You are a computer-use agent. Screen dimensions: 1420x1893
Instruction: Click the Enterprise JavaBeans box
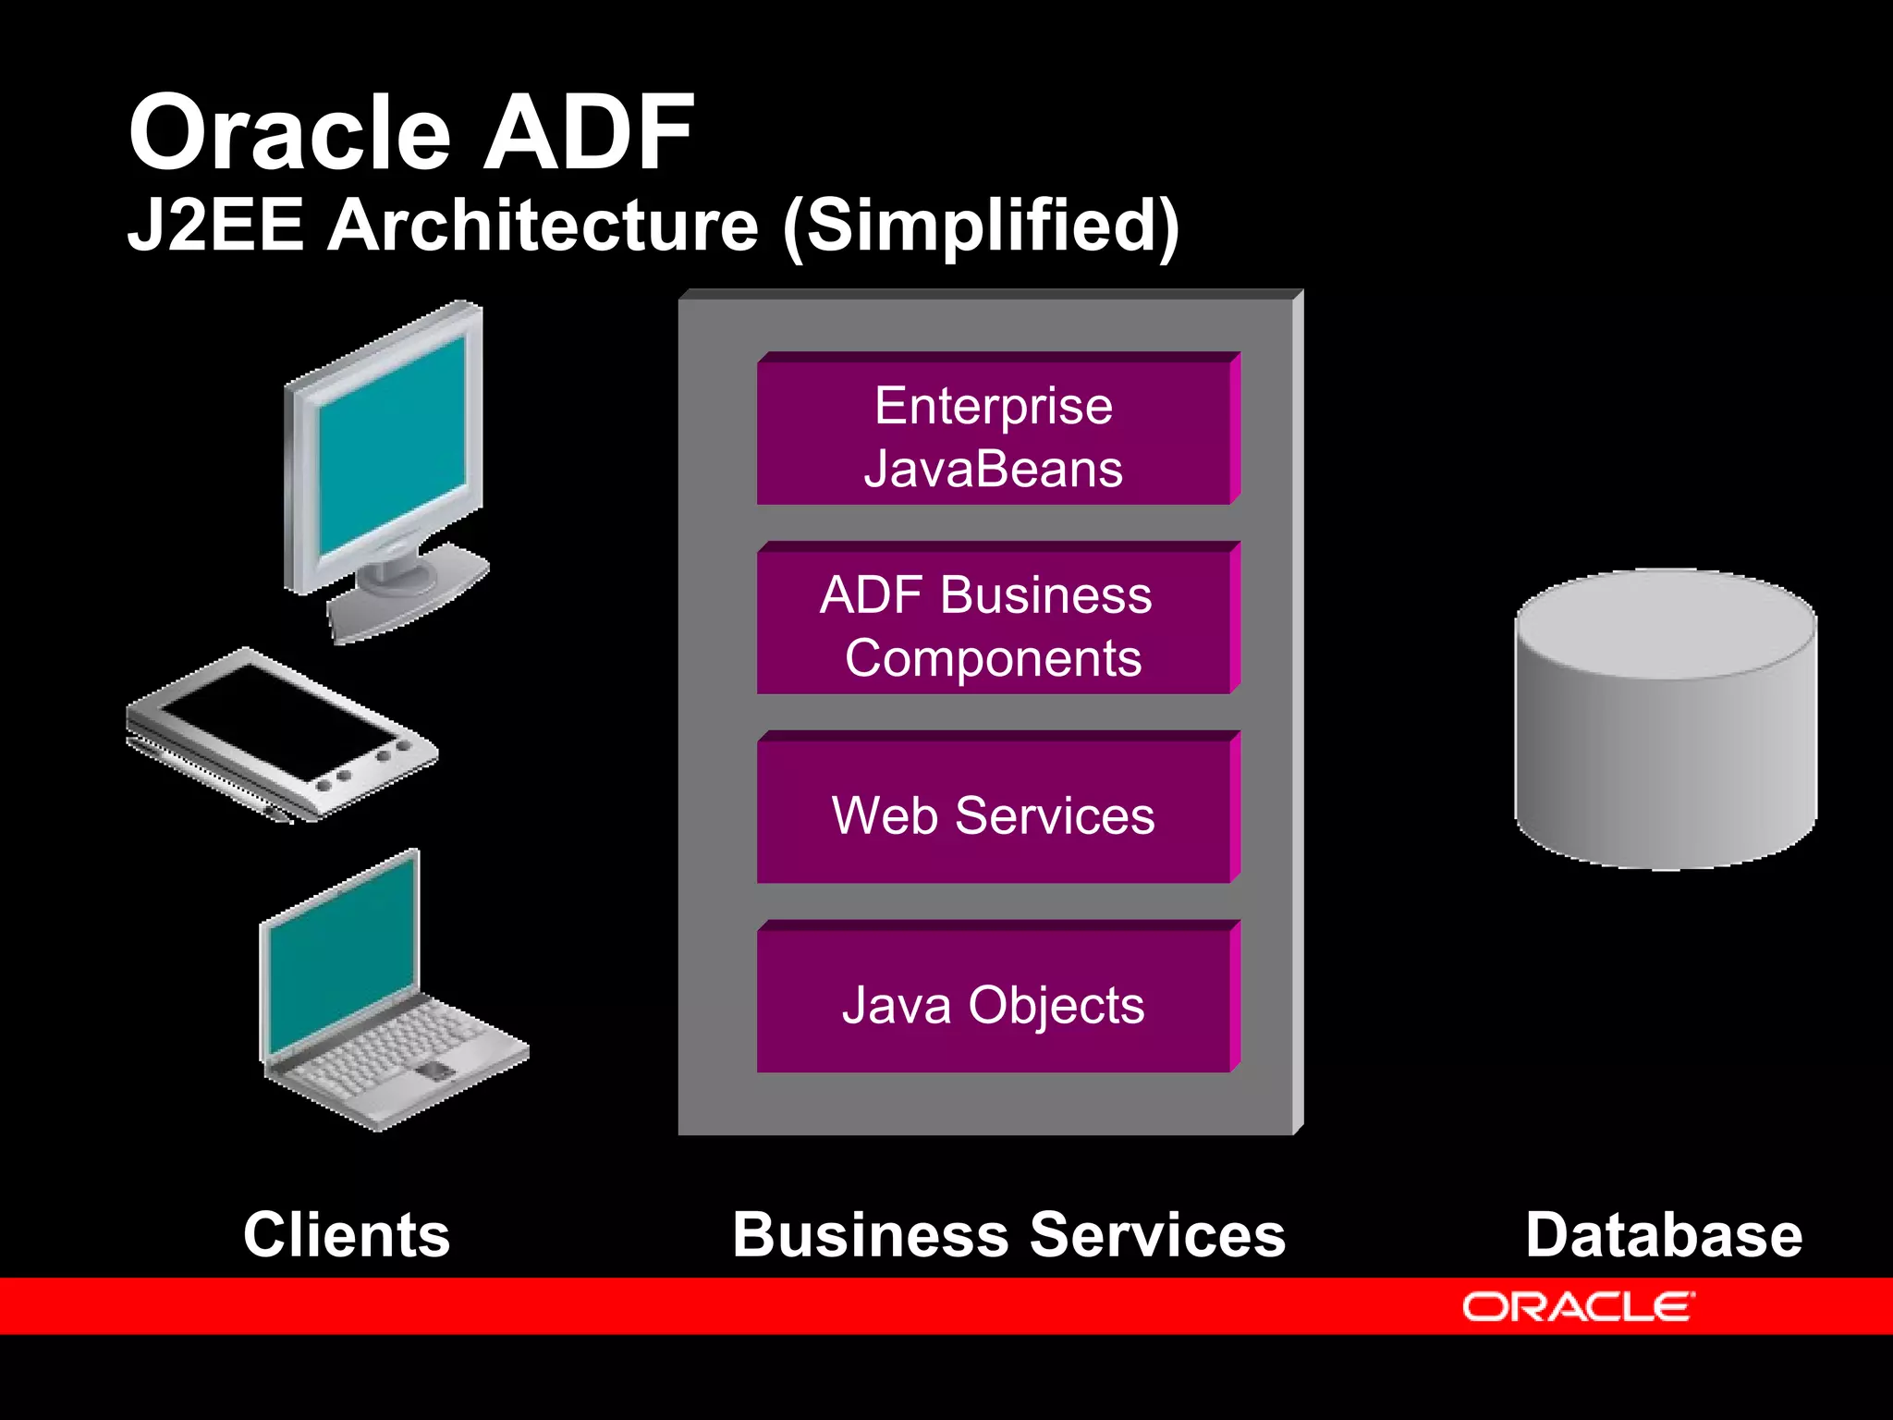pos(995,435)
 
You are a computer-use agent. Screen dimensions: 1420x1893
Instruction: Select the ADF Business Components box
pos(995,624)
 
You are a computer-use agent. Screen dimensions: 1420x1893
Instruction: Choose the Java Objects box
pos(995,1003)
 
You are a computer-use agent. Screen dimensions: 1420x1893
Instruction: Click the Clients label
pos(347,1235)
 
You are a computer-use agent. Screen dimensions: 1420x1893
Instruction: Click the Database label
pos(1664,1235)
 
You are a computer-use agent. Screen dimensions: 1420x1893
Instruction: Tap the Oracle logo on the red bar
pos(1578,1307)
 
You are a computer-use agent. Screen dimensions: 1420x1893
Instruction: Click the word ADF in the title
pos(589,134)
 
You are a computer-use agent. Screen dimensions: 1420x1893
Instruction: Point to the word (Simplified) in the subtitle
pos(981,226)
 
